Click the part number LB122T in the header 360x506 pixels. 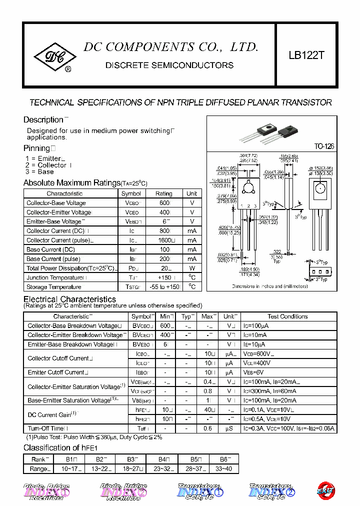[x=306, y=55]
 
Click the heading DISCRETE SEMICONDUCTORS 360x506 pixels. [x=169, y=65]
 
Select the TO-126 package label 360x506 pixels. [x=324, y=146]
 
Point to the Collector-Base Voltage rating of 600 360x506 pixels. [x=163, y=203]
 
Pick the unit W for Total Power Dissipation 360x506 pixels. [x=192, y=268]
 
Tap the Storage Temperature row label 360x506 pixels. [x=54, y=287]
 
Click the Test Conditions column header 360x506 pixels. [x=287, y=316]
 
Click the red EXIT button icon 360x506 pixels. [x=326, y=491]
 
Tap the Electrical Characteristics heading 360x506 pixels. [x=69, y=299]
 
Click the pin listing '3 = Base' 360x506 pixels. [x=39, y=171]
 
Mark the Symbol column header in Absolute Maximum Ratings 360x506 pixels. [x=131, y=193]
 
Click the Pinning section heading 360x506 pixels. [x=37, y=148]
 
